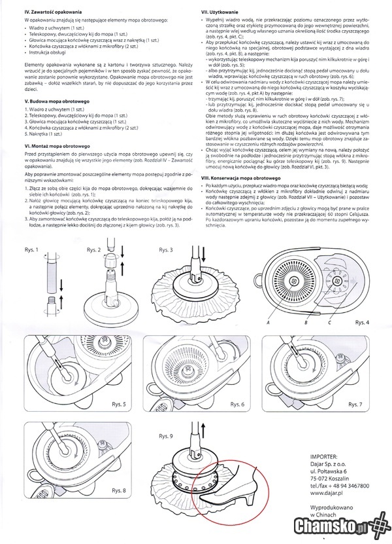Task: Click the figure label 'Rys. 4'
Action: [363, 322]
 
